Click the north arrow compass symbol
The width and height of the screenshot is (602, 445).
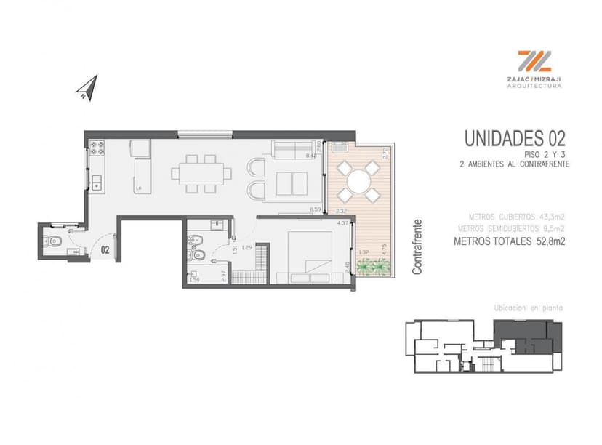pos(87,88)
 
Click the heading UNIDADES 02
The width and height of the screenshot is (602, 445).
pos(515,137)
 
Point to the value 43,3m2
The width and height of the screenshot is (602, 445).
pos(552,217)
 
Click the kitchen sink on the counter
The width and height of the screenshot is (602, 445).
pos(96,182)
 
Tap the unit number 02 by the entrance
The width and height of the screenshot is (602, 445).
pos(105,249)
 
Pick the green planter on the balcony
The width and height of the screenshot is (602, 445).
pos(375,268)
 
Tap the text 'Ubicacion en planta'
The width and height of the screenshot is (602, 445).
pos(528,308)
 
